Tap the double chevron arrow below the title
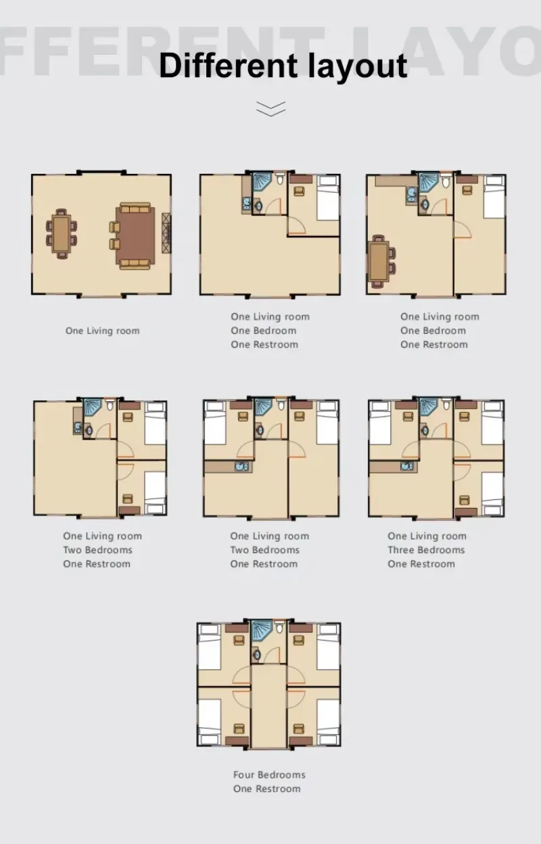click(271, 108)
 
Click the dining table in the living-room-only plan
click(62, 233)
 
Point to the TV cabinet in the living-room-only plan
click(166, 233)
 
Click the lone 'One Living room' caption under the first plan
click(103, 331)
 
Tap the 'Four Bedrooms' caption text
click(269, 775)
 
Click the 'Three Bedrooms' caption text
click(426, 550)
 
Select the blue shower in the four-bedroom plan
click(262, 630)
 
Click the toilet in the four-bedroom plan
click(279, 628)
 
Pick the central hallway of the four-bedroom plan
click(268, 707)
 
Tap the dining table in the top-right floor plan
click(379, 262)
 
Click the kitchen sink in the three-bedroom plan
click(407, 467)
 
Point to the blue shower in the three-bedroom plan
click(429, 407)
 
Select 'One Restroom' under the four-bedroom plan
click(266, 789)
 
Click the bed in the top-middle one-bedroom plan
click(328, 197)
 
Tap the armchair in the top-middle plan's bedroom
click(300, 191)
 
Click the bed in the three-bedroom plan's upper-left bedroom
click(380, 423)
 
